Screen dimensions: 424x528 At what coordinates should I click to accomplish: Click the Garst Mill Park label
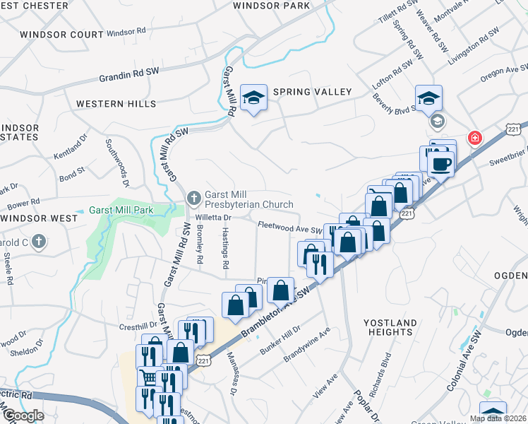click(x=124, y=211)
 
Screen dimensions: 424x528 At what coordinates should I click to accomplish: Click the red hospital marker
click(x=474, y=137)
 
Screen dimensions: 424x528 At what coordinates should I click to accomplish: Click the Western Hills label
click(x=116, y=104)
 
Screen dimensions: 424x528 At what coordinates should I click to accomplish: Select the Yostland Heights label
click(x=390, y=326)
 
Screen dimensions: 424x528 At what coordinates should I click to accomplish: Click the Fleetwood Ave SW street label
click(x=290, y=228)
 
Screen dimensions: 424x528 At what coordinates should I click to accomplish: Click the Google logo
click(x=23, y=416)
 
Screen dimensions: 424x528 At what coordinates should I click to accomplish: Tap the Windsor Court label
click(x=62, y=34)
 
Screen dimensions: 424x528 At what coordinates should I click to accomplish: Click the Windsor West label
click(x=39, y=218)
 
